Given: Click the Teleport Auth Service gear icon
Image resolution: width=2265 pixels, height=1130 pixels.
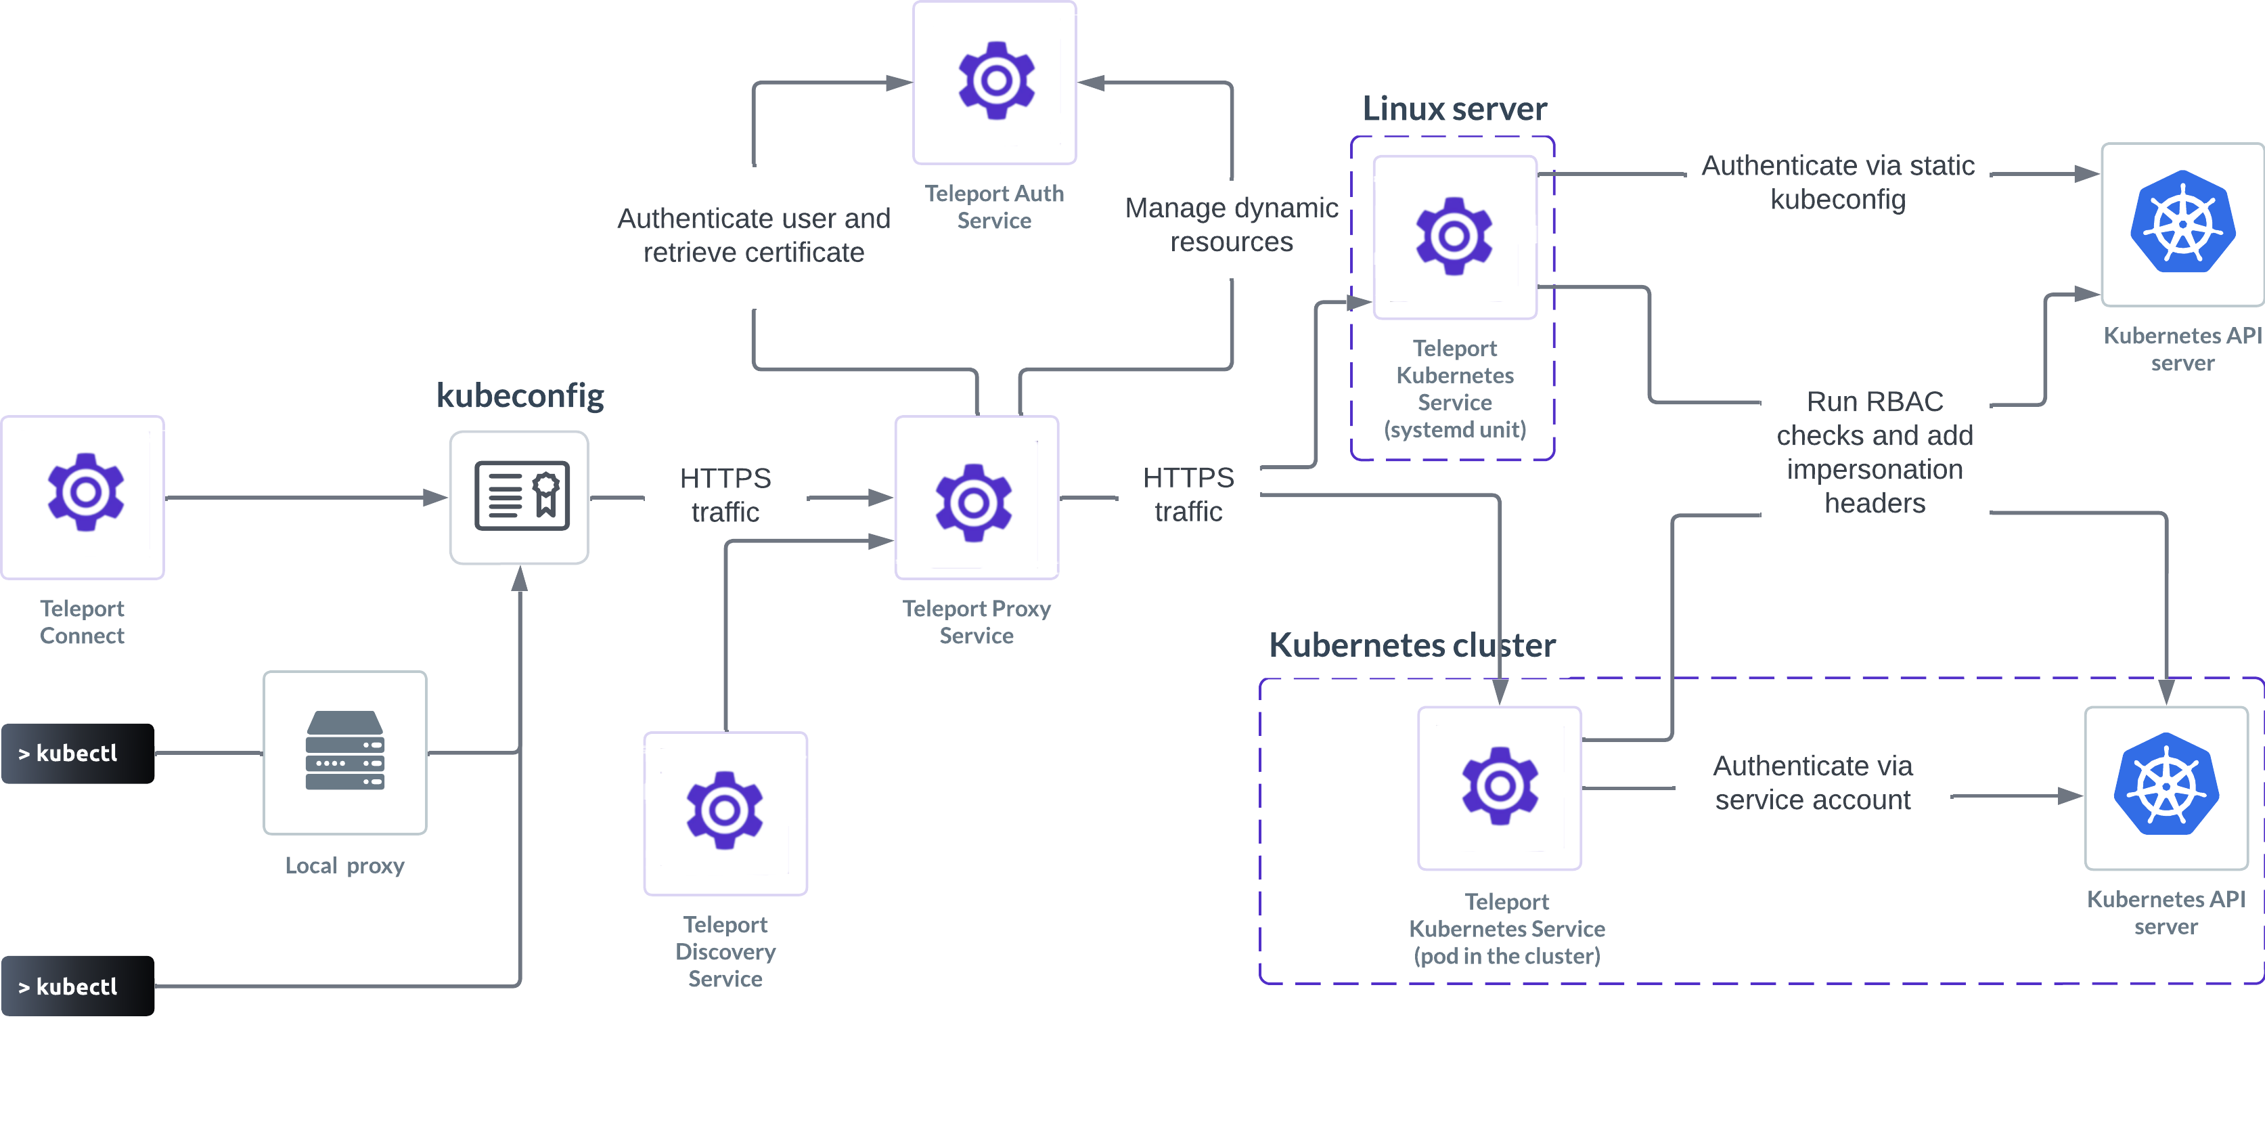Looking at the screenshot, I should pos(995,81).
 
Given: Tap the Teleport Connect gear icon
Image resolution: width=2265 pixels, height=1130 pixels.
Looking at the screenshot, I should pos(85,492).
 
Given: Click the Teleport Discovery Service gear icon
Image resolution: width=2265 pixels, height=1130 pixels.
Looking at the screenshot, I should pos(725,810).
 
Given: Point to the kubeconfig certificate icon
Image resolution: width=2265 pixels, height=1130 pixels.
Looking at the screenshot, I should pos(521,496).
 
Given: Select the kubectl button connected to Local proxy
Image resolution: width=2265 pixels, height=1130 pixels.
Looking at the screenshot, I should pos(76,753).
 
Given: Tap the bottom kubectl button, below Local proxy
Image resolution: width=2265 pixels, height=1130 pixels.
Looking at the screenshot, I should pos(76,986).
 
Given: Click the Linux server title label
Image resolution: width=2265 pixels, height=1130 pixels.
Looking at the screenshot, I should pos(1454,108).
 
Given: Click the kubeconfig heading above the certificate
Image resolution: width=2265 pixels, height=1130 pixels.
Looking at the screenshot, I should pos(520,395).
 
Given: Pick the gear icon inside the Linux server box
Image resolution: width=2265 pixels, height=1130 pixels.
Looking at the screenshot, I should pos(1454,236).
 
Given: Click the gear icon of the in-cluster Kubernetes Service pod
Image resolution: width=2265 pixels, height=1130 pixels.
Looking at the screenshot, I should pos(1500,786).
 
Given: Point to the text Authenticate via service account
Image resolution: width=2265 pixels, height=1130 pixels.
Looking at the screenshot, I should pos(1812,783).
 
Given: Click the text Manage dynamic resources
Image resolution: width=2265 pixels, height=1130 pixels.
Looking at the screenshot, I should pos(1231,224).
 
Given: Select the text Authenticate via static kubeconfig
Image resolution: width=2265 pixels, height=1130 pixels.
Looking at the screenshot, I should pos(1838,182).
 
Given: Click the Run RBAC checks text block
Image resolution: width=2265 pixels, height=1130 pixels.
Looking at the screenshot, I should pos(1875,452).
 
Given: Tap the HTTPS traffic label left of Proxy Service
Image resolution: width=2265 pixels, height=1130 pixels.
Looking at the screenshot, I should pos(725,494).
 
